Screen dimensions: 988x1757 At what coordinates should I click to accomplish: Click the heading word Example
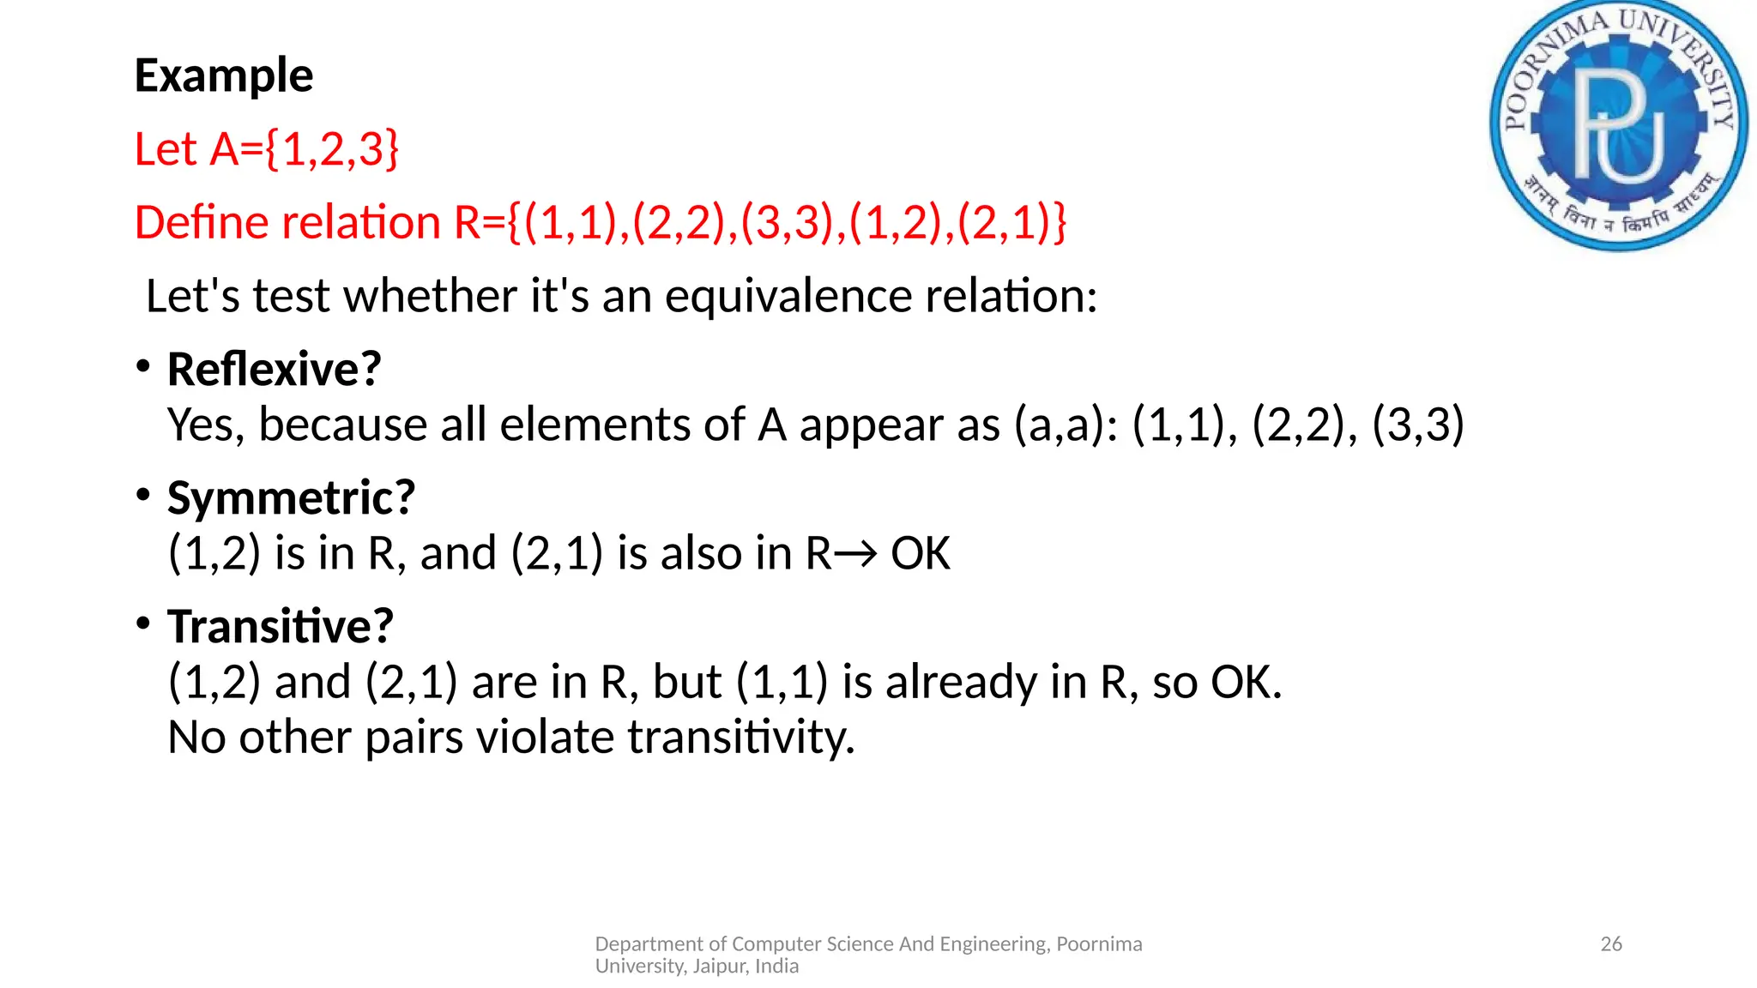coord(224,76)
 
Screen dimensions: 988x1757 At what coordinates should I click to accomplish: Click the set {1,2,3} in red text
coord(332,149)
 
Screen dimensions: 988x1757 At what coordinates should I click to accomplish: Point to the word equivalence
coord(788,297)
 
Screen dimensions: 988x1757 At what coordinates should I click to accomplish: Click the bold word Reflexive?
coord(274,370)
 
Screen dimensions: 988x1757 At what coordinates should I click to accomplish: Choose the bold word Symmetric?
coord(291,498)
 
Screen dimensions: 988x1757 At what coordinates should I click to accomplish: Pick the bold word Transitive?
coord(280,626)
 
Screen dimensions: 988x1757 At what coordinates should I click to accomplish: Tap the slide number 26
coord(1611,944)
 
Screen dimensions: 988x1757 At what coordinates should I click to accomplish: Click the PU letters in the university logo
coord(1618,124)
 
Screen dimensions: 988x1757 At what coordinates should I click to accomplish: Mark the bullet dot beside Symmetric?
coord(143,494)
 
